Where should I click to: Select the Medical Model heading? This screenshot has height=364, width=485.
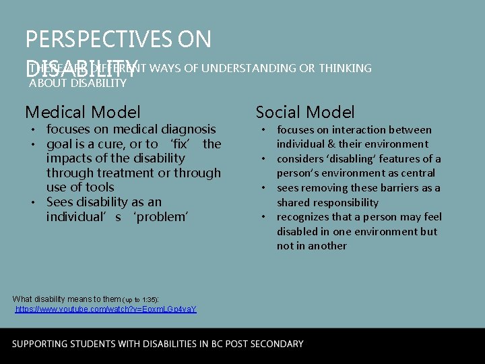83,112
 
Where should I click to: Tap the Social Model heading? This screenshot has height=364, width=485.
305,113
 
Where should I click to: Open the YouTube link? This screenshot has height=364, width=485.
106,309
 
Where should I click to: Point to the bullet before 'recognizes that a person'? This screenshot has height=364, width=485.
265,217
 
